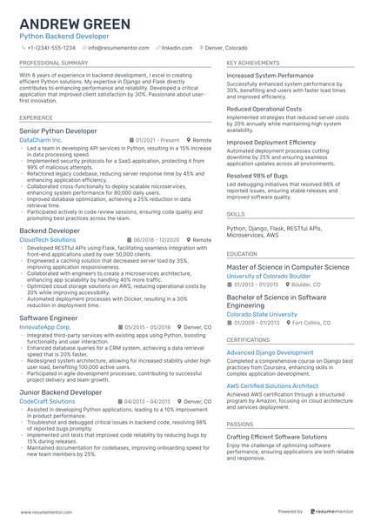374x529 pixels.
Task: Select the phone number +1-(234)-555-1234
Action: pos(51,48)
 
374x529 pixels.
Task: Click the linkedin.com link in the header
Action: pos(177,48)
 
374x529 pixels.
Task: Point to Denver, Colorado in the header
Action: pos(225,48)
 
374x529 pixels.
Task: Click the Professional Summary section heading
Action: pos(53,64)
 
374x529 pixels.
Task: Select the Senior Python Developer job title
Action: pos(58,131)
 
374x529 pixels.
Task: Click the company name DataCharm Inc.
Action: pos(41,140)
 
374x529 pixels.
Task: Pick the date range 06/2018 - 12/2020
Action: pos(156,239)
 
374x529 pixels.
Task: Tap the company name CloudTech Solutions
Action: pos(47,239)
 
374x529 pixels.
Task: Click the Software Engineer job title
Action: pos(48,318)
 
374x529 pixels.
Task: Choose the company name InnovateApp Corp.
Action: pos(45,327)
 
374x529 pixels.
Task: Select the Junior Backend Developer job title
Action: pos(60,392)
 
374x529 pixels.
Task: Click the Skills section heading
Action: pos(236,212)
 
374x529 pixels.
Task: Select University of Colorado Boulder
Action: pos(270,275)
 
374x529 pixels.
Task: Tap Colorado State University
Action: pos(262,314)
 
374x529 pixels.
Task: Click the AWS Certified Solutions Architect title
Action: pos(272,385)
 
